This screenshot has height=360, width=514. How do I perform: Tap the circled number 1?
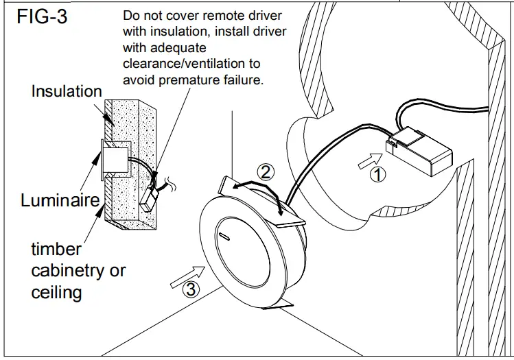pyautogui.click(x=377, y=174)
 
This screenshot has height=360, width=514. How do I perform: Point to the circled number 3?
pyautogui.click(x=191, y=290)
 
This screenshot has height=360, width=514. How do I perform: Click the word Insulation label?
pyautogui.click(x=67, y=91)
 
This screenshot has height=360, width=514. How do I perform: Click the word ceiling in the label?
pyautogui.click(x=56, y=293)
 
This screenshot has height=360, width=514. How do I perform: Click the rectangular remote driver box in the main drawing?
pyautogui.click(x=421, y=151)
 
